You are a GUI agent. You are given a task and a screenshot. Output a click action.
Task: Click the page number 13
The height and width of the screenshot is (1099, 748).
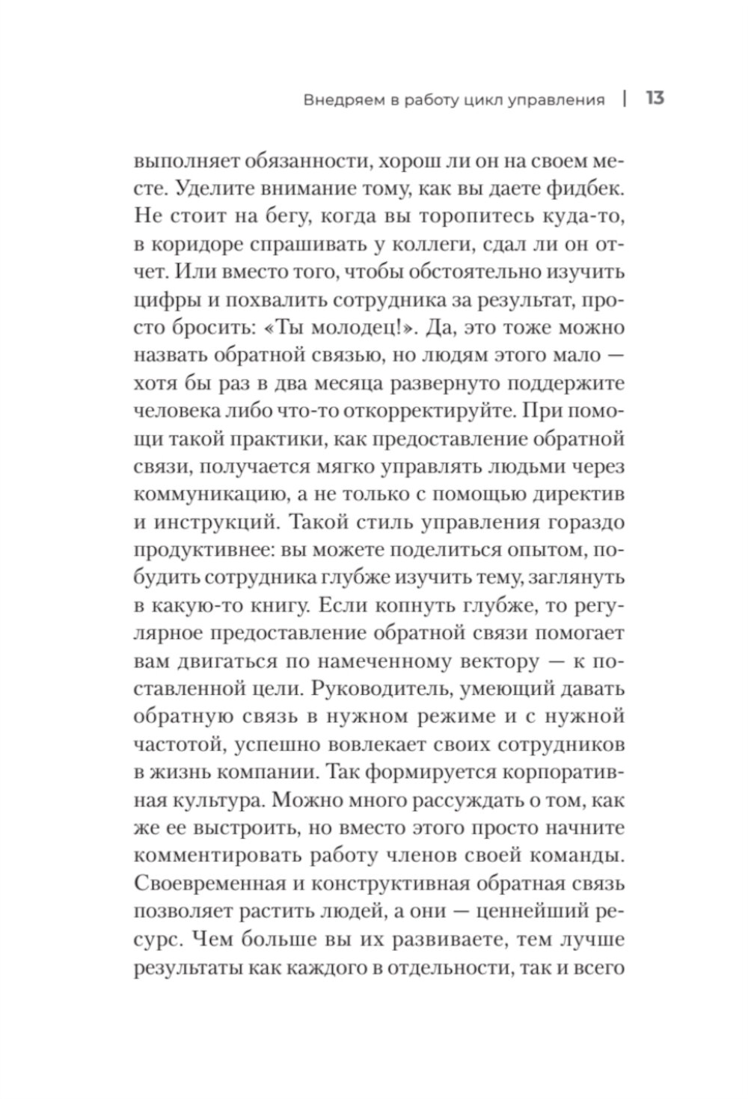point(654,99)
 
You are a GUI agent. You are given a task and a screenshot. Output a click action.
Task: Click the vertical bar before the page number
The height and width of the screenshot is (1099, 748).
point(625,99)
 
